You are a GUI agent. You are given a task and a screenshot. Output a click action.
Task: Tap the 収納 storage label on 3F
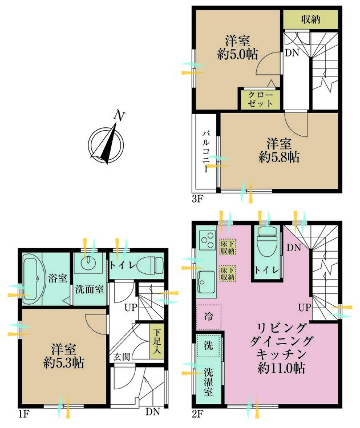coord(310,19)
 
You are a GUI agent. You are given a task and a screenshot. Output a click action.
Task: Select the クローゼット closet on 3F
coord(260,99)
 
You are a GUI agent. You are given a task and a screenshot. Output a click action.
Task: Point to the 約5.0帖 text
coord(237,54)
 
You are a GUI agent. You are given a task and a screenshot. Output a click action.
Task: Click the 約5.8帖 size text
coord(278,158)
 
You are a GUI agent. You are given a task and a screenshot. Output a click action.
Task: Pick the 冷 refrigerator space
coord(208,317)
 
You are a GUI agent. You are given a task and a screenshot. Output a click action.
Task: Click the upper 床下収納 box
coord(228,247)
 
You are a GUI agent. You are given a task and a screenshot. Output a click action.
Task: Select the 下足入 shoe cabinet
coord(157,341)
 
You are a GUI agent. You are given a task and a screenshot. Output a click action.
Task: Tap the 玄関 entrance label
coord(122,357)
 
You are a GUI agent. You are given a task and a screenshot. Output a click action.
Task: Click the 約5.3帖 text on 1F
coord(63,364)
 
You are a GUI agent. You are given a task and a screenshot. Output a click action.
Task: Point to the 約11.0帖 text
coord(281,369)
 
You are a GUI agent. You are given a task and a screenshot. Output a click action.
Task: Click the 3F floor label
coord(197,199)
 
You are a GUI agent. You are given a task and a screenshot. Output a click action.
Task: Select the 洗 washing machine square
coord(208,346)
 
